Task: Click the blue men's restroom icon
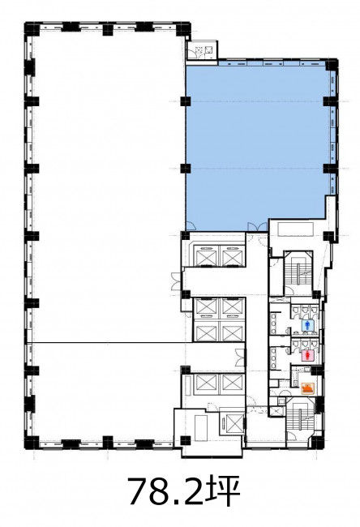point(307,325)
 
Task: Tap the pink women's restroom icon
point(307,355)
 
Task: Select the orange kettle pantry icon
point(307,388)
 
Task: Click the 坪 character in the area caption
point(225,491)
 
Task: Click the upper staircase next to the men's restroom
point(298,273)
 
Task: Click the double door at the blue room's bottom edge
point(258,226)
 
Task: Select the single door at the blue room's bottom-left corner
point(191,226)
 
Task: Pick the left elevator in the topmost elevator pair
point(206,256)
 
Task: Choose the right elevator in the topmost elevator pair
point(232,256)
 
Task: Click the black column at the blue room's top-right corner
point(332,64)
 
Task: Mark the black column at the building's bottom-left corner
point(32,443)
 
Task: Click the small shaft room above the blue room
point(202,50)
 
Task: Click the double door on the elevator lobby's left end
point(176,281)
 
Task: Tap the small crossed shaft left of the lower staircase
point(277,411)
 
